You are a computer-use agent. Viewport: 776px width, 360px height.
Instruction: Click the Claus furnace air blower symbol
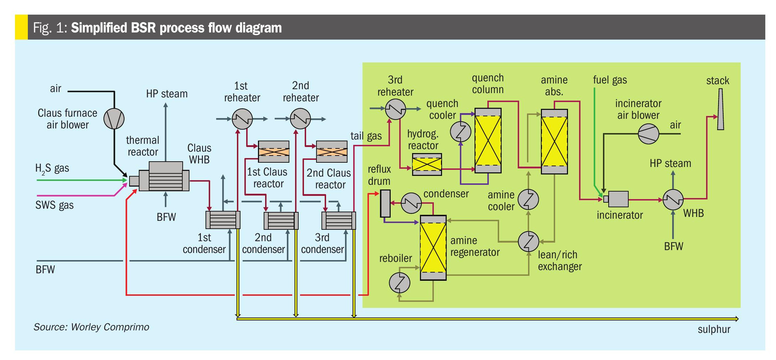(114, 119)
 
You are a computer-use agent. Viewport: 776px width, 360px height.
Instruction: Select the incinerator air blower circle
(648, 134)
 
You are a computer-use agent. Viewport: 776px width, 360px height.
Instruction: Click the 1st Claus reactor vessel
(274, 152)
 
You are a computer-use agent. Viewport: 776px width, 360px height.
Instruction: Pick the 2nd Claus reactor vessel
(332, 152)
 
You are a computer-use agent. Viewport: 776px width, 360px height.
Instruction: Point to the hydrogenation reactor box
(427, 164)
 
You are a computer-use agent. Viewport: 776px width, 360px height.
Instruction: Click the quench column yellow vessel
(488, 141)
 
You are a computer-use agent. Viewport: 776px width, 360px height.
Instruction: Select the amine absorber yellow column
(554, 142)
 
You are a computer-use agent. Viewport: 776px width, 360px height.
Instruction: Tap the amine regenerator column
(433, 248)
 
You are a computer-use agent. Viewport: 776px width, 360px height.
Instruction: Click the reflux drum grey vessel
(385, 203)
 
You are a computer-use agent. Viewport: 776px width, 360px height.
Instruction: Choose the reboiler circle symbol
(399, 283)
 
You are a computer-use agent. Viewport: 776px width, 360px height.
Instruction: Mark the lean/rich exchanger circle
(528, 242)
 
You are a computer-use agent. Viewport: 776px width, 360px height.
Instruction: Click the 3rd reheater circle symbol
(395, 109)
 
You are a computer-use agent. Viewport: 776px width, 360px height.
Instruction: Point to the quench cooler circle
(460, 132)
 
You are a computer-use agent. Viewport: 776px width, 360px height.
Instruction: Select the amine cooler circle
(528, 199)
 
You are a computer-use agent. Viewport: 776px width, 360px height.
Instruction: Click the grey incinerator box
(618, 199)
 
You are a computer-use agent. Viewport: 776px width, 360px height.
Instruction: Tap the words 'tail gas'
(366, 136)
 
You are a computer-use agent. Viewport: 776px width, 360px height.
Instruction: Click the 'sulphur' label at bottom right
(714, 329)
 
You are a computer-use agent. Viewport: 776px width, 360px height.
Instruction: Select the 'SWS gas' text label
(54, 205)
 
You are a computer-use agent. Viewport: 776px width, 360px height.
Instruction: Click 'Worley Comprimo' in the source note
(110, 327)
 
